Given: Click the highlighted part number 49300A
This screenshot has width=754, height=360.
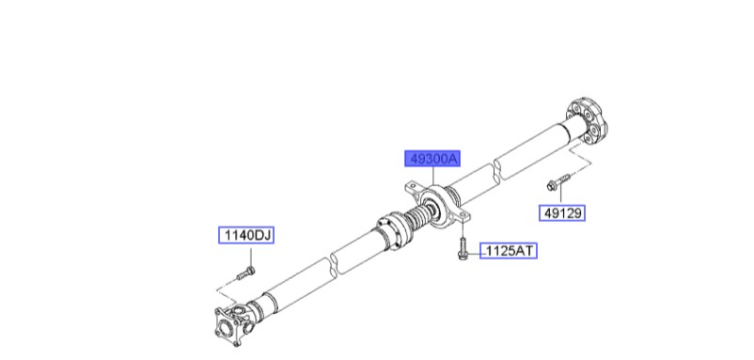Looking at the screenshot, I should point(432,159).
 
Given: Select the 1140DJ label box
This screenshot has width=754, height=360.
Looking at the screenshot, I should point(246,235).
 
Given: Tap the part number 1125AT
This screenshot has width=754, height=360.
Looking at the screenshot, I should point(510,251).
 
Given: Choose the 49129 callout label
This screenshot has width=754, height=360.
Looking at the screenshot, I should point(562,213).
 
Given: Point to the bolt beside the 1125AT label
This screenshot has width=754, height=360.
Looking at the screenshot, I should point(462,251).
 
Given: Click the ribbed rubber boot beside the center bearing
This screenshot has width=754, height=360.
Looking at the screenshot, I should point(414,222).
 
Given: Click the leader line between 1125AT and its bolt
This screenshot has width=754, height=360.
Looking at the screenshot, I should point(475,251).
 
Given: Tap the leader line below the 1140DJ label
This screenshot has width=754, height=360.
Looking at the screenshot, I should point(246,257).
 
